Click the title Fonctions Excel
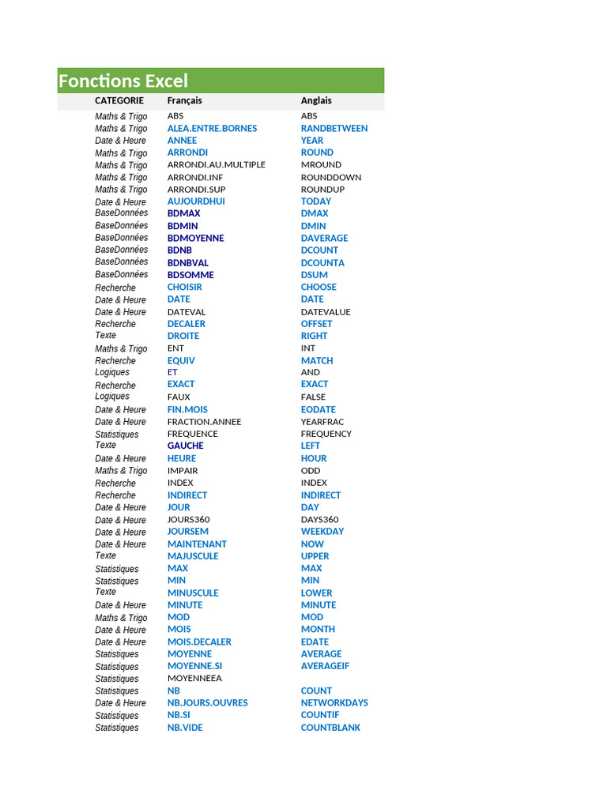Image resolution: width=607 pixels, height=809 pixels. click(x=123, y=81)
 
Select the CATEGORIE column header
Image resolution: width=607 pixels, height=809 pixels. click(x=119, y=100)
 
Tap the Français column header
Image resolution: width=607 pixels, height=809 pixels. click(x=184, y=100)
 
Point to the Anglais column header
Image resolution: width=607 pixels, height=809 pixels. click(x=316, y=100)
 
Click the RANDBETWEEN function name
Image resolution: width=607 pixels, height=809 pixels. click(x=334, y=128)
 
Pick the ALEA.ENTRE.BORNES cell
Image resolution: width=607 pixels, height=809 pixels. click(x=212, y=128)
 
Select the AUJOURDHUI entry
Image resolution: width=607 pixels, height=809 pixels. click(x=196, y=201)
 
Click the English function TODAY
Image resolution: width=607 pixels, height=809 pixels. click(x=316, y=201)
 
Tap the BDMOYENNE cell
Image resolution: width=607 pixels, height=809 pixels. click(x=195, y=238)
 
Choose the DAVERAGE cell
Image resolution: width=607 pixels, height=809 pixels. click(x=324, y=238)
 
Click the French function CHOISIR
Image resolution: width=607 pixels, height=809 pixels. click(x=184, y=287)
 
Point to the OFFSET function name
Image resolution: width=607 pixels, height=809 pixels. click(x=316, y=324)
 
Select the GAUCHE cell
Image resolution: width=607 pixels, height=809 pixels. click(x=185, y=446)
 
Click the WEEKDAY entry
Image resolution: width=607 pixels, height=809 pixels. click(x=322, y=532)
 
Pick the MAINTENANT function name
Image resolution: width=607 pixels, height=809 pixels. click(x=197, y=544)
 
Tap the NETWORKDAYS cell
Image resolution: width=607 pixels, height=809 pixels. click(x=334, y=702)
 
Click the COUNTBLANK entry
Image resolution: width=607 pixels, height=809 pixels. click(x=330, y=728)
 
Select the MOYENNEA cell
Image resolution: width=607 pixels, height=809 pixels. click(x=194, y=678)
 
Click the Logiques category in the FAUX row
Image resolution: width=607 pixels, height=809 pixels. click(x=112, y=397)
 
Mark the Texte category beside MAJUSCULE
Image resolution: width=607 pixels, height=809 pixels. click(x=106, y=555)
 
